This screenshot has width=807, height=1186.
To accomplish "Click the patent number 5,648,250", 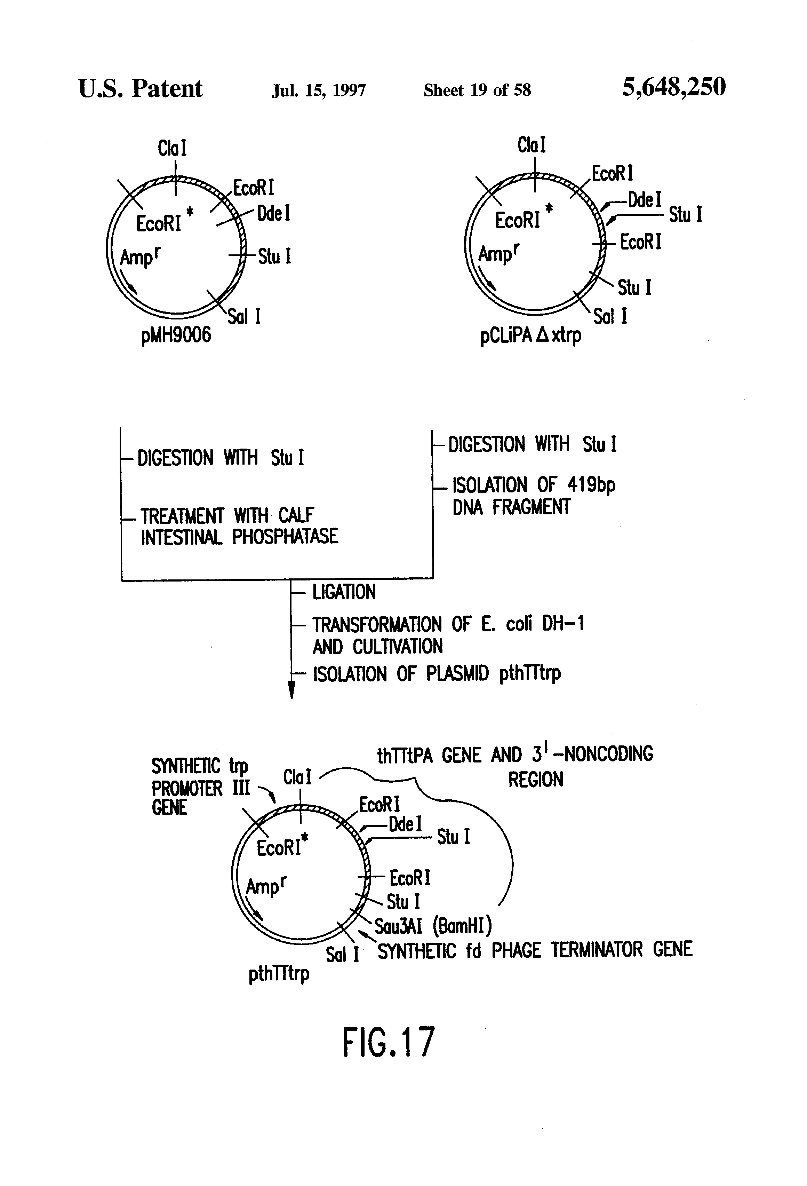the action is pos(673,87).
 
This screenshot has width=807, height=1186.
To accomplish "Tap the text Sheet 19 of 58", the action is pos(477,90).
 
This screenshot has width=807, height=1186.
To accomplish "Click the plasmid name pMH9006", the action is pos(176,335).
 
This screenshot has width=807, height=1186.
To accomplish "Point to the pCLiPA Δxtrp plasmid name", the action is pos(530,336).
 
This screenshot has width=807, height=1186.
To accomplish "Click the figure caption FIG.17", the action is pos(389,1043).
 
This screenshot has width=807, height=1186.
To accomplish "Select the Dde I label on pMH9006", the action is pos(273,213).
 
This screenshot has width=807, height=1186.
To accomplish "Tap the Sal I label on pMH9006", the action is pos(244,316).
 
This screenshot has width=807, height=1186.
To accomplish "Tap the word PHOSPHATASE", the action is pos(285,536).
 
